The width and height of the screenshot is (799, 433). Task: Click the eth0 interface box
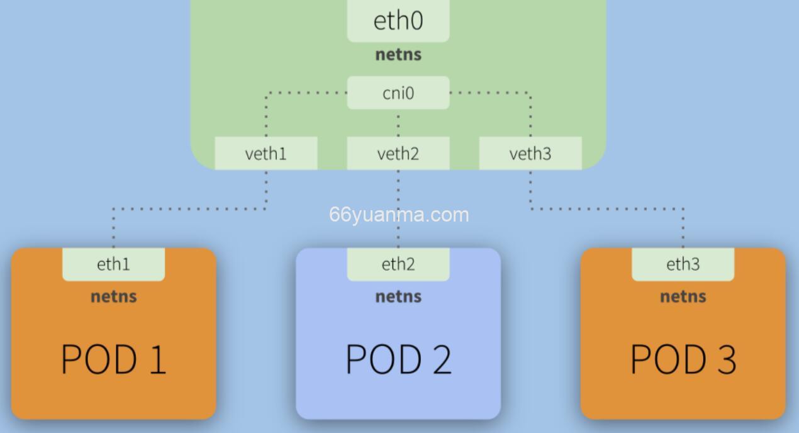click(398, 20)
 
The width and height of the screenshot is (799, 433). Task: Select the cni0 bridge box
click(398, 93)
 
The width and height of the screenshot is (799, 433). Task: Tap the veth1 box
click(265, 154)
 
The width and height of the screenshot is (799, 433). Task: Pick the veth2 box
click(398, 154)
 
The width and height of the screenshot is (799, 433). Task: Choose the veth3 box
click(530, 154)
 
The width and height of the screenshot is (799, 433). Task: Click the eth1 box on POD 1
click(113, 264)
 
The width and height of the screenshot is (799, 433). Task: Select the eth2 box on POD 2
click(398, 264)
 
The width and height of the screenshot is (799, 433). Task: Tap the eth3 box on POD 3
click(683, 264)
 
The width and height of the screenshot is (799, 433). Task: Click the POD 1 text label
click(113, 359)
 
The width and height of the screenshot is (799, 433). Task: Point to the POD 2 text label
click(398, 359)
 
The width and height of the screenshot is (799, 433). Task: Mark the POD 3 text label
click(683, 359)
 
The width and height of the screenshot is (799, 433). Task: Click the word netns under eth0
click(398, 55)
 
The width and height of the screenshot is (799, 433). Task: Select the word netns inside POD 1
click(113, 296)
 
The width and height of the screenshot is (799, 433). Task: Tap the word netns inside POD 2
click(398, 296)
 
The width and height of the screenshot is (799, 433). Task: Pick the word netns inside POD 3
click(683, 296)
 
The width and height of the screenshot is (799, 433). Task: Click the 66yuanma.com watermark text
click(399, 215)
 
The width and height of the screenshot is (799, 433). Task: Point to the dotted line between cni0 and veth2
click(398, 123)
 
